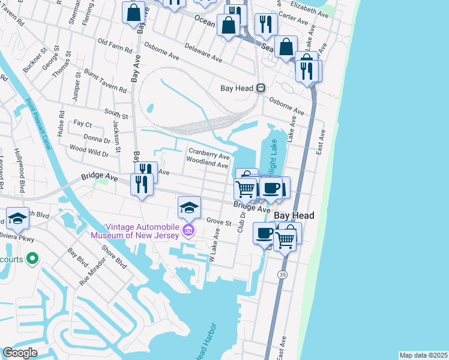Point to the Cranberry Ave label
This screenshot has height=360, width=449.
click(x=209, y=154)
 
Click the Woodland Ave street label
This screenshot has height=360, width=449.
click(x=207, y=164)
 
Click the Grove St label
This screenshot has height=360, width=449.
click(x=219, y=222)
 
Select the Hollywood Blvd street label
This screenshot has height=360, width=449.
click(x=20, y=171)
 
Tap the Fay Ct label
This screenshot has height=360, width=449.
click(x=82, y=124)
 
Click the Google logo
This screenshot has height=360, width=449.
click(x=20, y=353)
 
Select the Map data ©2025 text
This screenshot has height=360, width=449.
click(x=423, y=355)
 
